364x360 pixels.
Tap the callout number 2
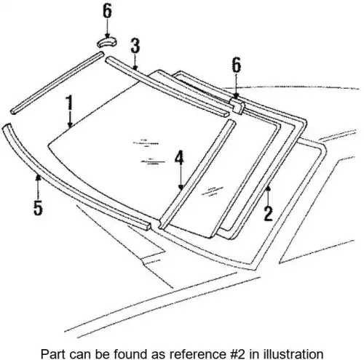click(x=269, y=213)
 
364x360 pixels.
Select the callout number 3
click(x=135, y=46)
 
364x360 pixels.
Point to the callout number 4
click(x=179, y=158)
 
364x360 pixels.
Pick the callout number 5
click(x=38, y=207)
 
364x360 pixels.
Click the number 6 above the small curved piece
click(x=107, y=11)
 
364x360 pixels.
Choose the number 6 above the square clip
click(x=237, y=65)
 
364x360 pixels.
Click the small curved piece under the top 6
click(x=107, y=42)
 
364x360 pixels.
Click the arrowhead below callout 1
click(x=70, y=125)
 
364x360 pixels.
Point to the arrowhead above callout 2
click(x=268, y=188)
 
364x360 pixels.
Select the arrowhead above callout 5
click(x=38, y=178)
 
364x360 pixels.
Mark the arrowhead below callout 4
click(x=181, y=187)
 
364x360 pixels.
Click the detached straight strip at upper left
click(x=58, y=83)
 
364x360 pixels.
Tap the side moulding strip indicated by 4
click(x=197, y=175)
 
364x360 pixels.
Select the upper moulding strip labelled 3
click(x=167, y=86)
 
